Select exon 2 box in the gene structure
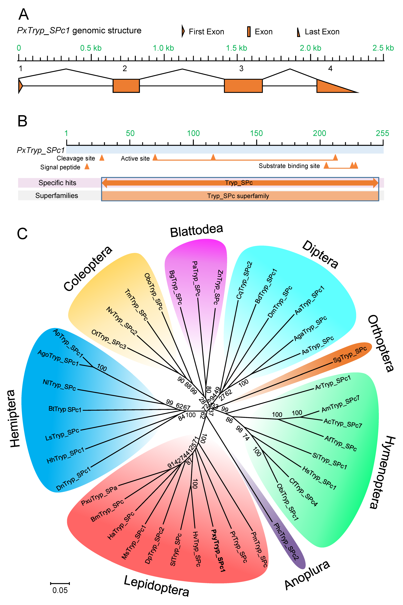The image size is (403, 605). point(126,86)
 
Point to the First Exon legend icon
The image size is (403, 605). point(183,31)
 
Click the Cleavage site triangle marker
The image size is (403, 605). point(102,158)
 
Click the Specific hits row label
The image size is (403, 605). point(57,183)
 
